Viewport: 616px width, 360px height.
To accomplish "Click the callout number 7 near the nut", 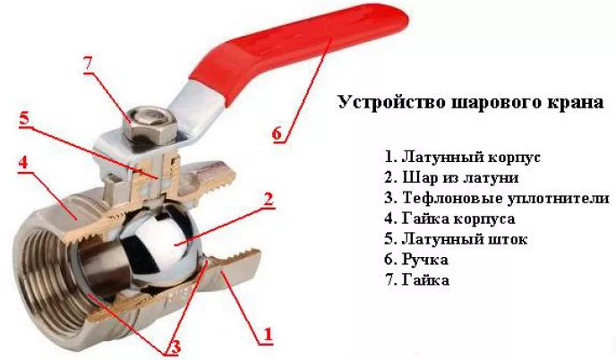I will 88,64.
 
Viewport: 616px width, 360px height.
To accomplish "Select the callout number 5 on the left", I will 24,118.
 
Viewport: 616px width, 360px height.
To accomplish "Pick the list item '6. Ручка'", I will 417,260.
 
